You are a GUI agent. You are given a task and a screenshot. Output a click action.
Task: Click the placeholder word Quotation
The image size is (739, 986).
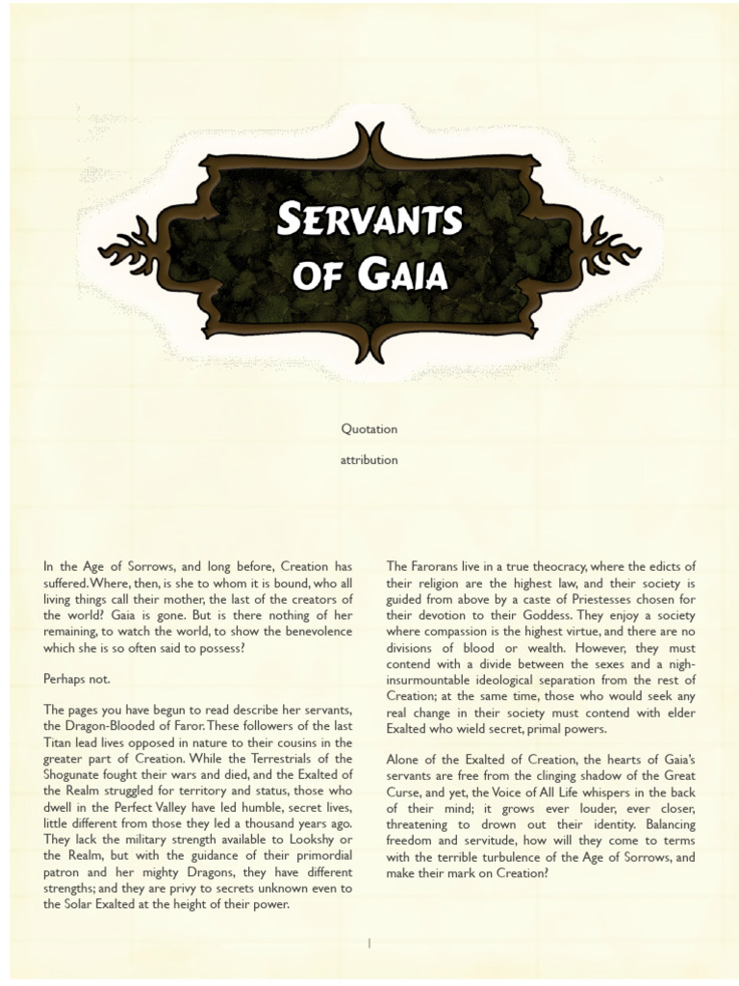pos(369,428)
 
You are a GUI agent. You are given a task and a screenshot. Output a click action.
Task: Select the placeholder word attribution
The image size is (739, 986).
pos(369,460)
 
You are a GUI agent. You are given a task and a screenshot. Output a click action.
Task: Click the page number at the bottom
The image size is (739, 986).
pos(369,945)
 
